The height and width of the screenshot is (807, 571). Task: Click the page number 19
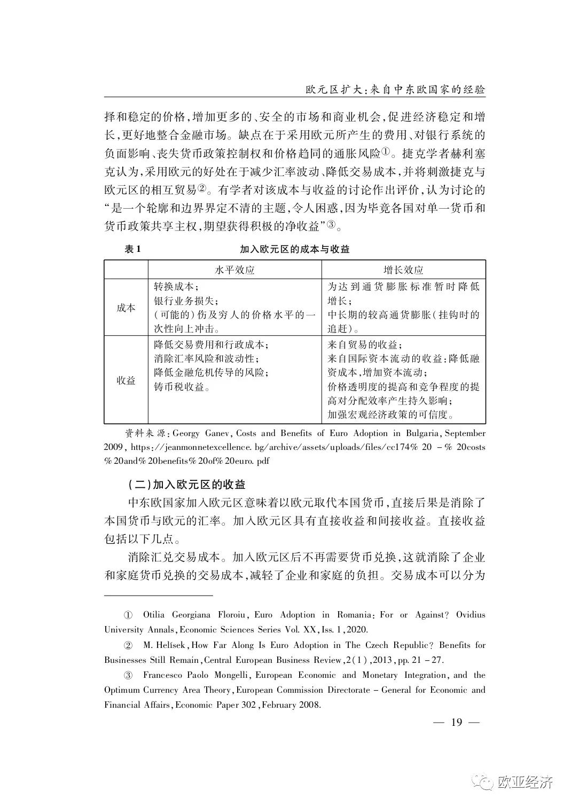tap(456, 723)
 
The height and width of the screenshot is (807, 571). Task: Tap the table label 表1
tap(133, 249)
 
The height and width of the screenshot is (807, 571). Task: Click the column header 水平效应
tap(234, 270)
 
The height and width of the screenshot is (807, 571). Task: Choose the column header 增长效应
tap(403, 270)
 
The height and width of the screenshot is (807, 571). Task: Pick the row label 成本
tap(126, 308)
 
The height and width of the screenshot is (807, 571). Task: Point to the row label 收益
tap(126, 380)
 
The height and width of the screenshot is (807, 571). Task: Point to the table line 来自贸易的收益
tap(365, 344)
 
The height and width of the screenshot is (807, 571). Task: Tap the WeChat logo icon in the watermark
tap(487, 782)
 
